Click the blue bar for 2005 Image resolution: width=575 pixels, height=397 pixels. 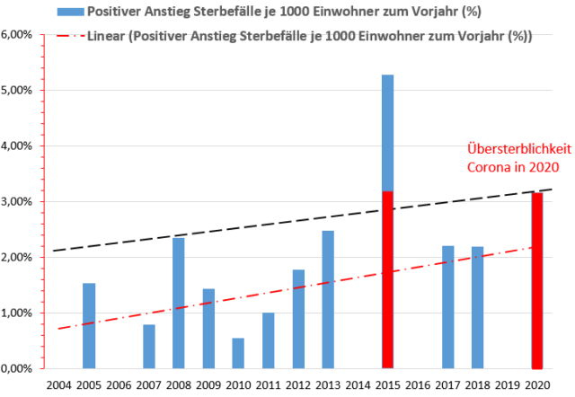click(x=89, y=325)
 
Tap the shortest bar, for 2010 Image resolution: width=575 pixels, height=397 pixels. click(x=238, y=353)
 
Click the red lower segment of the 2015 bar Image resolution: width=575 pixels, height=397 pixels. click(x=388, y=279)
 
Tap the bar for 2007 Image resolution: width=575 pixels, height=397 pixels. click(x=149, y=346)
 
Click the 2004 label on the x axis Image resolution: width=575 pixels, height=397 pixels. click(x=59, y=385)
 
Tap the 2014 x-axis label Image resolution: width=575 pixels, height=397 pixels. click(x=358, y=385)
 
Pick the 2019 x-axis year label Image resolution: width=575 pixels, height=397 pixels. click(x=509, y=385)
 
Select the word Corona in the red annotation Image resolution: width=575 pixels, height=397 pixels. click(x=491, y=167)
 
